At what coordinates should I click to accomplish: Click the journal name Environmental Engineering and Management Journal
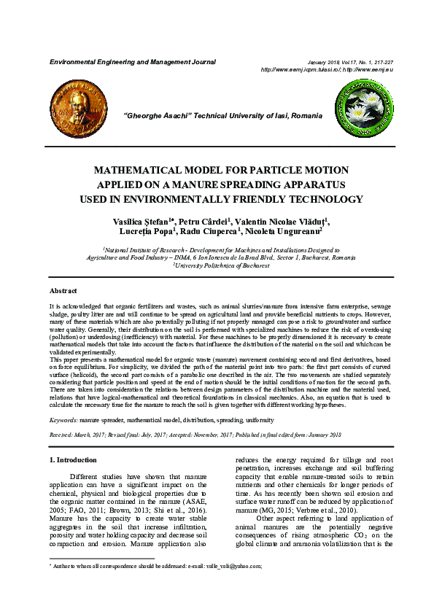132,62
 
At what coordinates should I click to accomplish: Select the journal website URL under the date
327,69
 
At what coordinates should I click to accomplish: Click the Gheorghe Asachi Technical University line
223,117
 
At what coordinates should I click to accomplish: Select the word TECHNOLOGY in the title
323,199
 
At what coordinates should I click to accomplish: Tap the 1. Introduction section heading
72,460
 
